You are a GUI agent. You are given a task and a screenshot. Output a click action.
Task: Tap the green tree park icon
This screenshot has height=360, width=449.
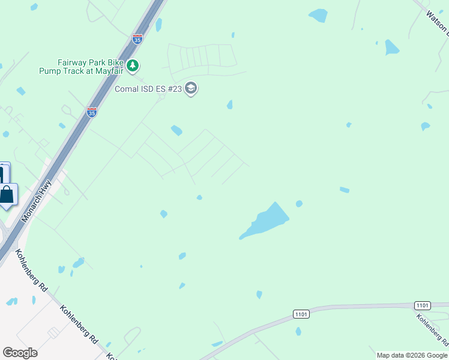[133, 65]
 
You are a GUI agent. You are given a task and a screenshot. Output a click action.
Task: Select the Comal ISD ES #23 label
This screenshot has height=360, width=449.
[149, 89]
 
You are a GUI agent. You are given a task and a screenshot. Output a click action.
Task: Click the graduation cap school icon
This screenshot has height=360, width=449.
[191, 89]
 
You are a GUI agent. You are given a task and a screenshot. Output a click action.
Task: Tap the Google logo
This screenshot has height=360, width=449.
[20, 352]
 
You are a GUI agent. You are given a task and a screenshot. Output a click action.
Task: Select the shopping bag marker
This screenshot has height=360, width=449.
[7, 195]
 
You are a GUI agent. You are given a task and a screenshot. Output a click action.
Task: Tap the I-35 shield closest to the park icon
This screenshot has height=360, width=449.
[137, 40]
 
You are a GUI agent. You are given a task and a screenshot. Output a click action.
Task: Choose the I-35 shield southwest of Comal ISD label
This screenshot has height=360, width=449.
[91, 112]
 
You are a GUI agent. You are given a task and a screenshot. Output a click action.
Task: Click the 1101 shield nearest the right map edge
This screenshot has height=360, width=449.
[423, 306]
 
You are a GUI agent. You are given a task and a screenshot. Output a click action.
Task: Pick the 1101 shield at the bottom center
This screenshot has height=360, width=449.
[301, 314]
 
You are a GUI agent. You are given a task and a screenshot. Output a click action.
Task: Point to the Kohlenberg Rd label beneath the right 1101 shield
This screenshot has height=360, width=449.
[432, 329]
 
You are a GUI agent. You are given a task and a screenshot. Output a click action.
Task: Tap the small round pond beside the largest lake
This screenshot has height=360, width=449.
[299, 204]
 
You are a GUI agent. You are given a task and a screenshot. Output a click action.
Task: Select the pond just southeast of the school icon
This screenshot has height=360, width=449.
[229, 105]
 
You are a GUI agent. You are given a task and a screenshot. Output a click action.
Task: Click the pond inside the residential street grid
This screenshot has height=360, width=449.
[176, 130]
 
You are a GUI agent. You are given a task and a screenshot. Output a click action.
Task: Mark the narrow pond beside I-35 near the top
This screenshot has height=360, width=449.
[159, 25]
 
